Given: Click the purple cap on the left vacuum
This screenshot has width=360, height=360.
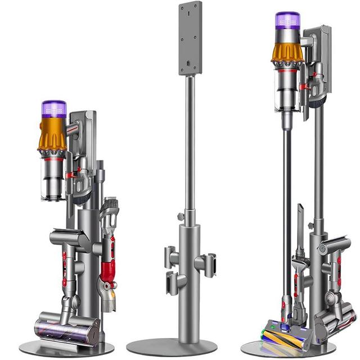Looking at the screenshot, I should click(54, 109).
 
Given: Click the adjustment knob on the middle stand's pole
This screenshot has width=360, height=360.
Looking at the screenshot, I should click(181, 217).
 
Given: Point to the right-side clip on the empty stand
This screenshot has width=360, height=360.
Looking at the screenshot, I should click(206, 263).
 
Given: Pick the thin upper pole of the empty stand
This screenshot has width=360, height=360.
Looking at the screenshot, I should click(190, 141).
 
